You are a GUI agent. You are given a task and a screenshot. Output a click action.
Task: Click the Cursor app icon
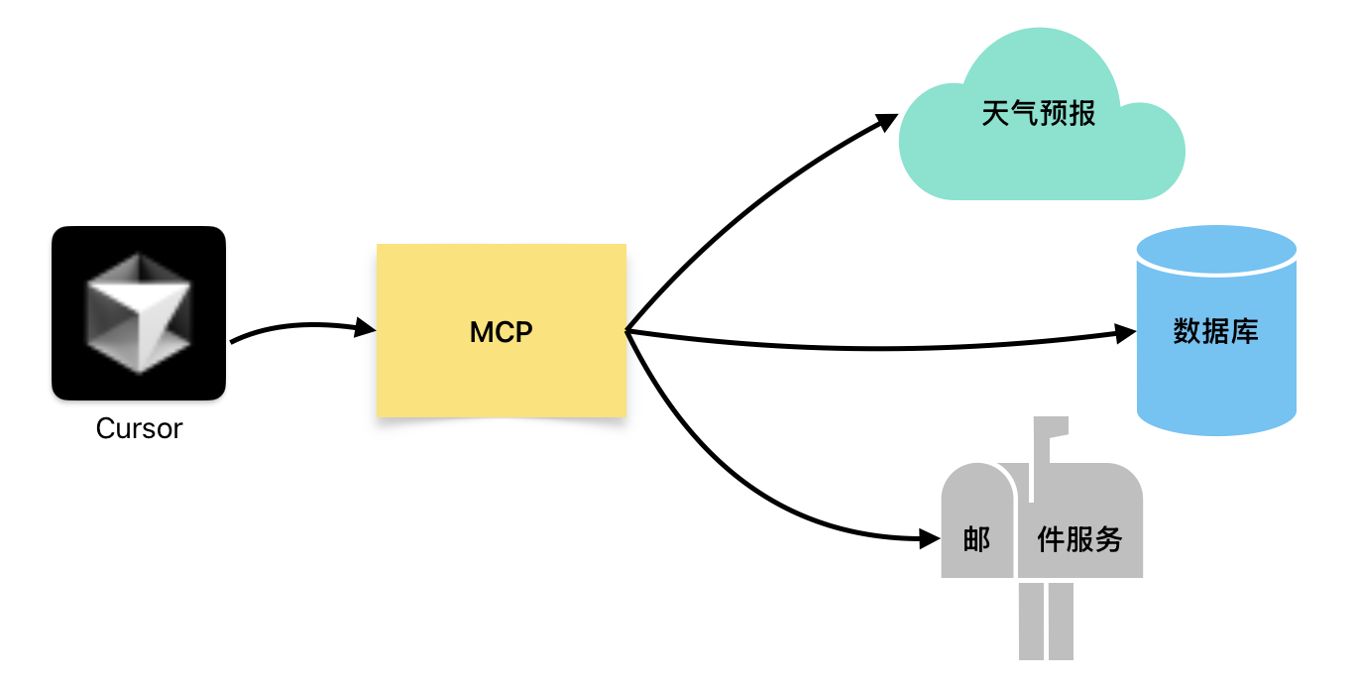pyautogui.click(x=139, y=313)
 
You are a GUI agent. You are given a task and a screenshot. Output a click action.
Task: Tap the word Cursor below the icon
pyautogui.click(x=139, y=429)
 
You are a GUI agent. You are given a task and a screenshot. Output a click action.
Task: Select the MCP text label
pyautogui.click(x=502, y=332)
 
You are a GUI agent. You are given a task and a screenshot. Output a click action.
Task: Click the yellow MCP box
pyautogui.click(x=502, y=330)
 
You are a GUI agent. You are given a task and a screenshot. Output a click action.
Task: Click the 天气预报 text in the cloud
pyautogui.click(x=1039, y=113)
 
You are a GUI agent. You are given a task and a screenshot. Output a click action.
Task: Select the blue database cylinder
pyautogui.click(x=1216, y=330)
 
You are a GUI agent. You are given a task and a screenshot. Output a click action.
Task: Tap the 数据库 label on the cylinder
pyautogui.click(x=1215, y=331)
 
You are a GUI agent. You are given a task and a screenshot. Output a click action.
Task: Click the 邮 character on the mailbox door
pyautogui.click(x=976, y=539)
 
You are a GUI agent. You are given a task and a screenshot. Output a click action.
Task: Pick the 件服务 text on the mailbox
pyautogui.click(x=1079, y=539)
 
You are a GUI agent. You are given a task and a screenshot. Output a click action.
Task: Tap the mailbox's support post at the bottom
pyautogui.click(x=1046, y=622)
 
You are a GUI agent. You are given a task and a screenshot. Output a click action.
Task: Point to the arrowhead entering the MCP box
pyautogui.click(x=365, y=327)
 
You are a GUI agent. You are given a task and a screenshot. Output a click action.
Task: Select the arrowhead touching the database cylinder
pyautogui.click(x=1126, y=333)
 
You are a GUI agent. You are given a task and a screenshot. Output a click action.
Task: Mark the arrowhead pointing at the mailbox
pyautogui.click(x=930, y=538)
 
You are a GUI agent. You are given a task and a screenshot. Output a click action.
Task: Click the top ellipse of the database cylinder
pyautogui.click(x=1216, y=249)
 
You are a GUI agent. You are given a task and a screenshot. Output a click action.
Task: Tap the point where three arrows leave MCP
pyautogui.click(x=626, y=331)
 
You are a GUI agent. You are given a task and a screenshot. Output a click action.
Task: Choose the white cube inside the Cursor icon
pyautogui.click(x=139, y=313)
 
